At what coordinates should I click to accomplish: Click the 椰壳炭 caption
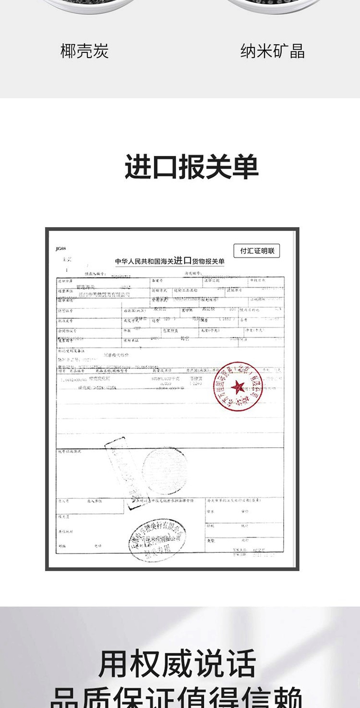click(x=84, y=51)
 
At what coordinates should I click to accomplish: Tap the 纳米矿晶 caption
click(x=272, y=51)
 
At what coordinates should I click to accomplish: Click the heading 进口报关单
click(x=192, y=167)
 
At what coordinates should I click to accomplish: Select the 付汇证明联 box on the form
click(x=257, y=251)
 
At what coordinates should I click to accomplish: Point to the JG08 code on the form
click(x=60, y=249)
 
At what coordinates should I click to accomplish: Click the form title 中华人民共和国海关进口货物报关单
click(x=170, y=261)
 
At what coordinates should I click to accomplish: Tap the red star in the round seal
click(x=238, y=387)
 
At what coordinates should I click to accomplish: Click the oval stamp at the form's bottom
click(x=157, y=540)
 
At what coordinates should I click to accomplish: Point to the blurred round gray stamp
click(x=164, y=471)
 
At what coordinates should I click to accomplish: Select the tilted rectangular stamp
click(x=122, y=466)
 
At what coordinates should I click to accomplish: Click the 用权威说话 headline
click(x=177, y=664)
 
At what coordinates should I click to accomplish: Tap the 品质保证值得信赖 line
click(x=177, y=697)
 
